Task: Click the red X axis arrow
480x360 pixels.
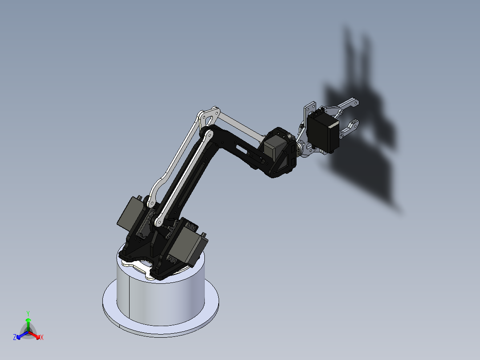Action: tap(36, 335)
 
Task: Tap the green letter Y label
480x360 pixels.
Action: tap(28, 313)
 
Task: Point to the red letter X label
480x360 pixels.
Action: tap(42, 338)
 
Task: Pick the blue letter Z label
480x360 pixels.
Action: tap(15, 338)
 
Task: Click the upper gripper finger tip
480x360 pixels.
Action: tap(352, 103)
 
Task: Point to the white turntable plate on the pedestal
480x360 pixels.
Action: tap(140, 267)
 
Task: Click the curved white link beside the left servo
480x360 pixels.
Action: tap(156, 187)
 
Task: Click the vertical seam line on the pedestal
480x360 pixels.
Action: tap(129, 299)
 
